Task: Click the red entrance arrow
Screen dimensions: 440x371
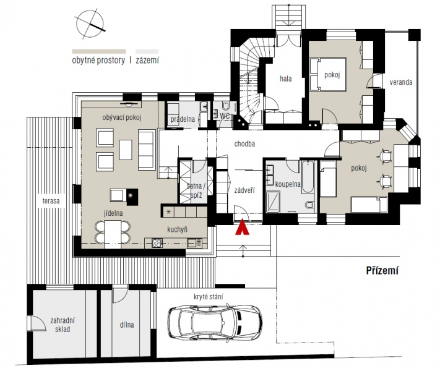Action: coord(242,228)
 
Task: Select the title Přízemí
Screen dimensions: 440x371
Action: coord(382,270)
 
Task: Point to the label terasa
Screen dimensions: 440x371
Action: coord(51,201)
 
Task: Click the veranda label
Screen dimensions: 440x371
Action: coord(401,82)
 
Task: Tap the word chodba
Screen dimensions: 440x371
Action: coord(244,144)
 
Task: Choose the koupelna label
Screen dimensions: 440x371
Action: coord(288,184)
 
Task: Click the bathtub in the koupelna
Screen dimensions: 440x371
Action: coord(308,177)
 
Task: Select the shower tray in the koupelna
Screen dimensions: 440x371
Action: coord(273,202)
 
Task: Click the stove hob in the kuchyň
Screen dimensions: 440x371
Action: coord(157,242)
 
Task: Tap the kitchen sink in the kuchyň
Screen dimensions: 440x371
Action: coord(194,243)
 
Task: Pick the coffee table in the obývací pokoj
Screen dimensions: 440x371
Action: coord(126,150)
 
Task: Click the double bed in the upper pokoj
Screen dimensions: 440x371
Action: coord(328,74)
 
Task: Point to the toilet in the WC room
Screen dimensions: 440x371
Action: coord(225,106)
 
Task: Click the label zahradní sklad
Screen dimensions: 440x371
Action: coord(63,325)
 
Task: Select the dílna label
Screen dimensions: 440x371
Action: coord(127,325)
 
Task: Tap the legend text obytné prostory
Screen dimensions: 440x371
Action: coord(98,61)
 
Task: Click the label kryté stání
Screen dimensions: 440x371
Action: coord(208,297)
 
